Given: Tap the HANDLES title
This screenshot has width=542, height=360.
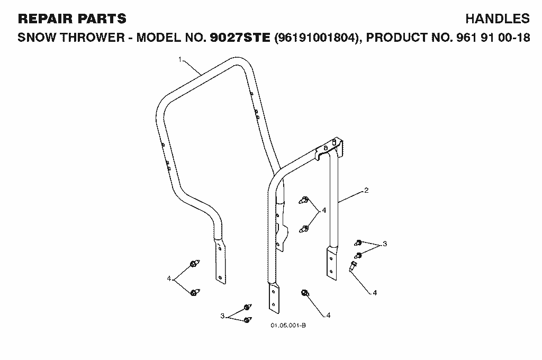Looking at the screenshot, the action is pyautogui.click(x=498, y=19).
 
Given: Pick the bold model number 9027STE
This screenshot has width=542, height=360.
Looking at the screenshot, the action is pyautogui.click(x=240, y=38).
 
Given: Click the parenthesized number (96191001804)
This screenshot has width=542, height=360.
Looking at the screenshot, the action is pyautogui.click(x=317, y=38).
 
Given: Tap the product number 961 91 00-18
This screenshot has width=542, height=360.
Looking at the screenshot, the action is pyautogui.click(x=493, y=38).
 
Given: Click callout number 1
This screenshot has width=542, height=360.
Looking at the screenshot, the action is pyautogui.click(x=180, y=59).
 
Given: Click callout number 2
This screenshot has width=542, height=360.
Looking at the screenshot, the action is pyautogui.click(x=366, y=190).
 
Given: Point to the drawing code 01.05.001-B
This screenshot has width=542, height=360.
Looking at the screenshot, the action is pyautogui.click(x=288, y=326).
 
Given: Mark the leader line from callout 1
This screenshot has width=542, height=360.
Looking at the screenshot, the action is pyautogui.click(x=192, y=67).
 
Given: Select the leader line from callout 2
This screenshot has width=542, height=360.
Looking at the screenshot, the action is pyautogui.click(x=351, y=196).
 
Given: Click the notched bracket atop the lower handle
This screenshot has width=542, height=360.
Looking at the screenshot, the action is pyautogui.click(x=330, y=148).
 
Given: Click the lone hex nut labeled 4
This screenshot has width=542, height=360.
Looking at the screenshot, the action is pyautogui.click(x=305, y=293).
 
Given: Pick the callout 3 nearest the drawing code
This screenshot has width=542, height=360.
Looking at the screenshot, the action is pyautogui.click(x=223, y=316).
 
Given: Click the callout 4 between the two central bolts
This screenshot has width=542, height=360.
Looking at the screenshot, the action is pyautogui.click(x=324, y=210).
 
